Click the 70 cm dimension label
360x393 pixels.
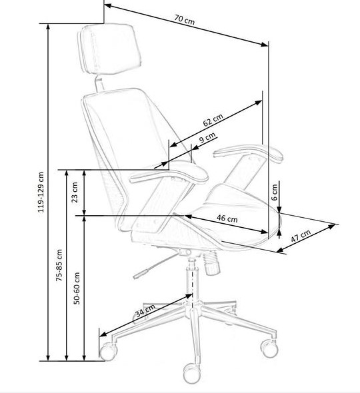(185, 19)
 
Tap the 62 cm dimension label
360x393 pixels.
(213, 120)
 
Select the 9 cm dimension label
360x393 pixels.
(207, 137)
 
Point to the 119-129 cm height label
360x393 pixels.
(41, 192)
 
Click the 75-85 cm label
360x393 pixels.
(59, 265)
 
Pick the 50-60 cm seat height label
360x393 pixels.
(77, 288)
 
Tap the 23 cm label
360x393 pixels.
(75, 193)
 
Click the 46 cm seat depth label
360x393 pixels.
(227, 218)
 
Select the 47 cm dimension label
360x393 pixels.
(301, 236)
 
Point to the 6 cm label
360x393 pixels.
(275, 193)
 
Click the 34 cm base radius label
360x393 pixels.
(145, 310)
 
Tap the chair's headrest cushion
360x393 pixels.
(109, 49)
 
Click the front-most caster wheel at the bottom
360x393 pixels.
(192, 374)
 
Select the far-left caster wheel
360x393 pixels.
(109, 352)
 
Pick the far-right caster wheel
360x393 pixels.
(270, 348)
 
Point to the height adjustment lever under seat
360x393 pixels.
(155, 266)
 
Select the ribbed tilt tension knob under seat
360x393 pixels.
(212, 262)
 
